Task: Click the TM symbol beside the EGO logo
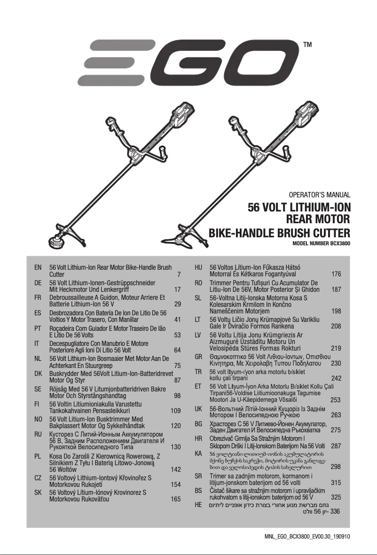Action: coord(308,45)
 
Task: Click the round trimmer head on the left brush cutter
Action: coord(55,242)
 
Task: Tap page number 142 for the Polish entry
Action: coord(176,469)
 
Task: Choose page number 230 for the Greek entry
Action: coord(336,364)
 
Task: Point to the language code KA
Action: coord(198,453)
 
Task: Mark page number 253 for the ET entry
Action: coord(336,400)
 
